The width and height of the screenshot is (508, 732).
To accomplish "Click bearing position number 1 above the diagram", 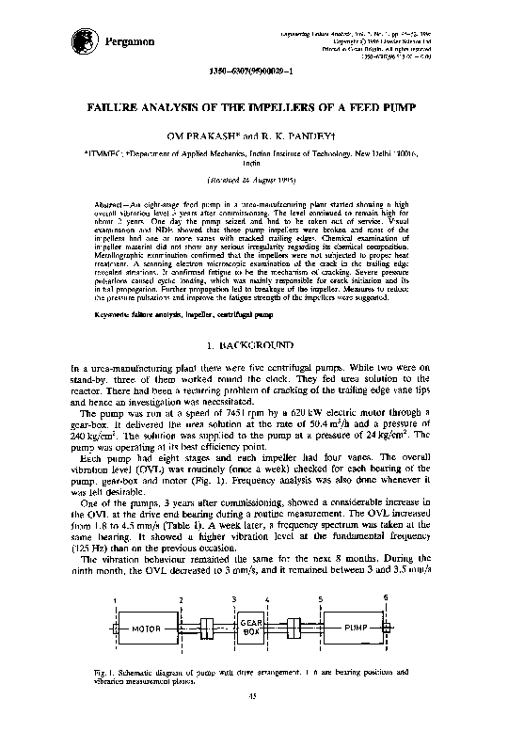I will click(114, 599).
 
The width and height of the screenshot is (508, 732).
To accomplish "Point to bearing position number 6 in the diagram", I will click(386, 597).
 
